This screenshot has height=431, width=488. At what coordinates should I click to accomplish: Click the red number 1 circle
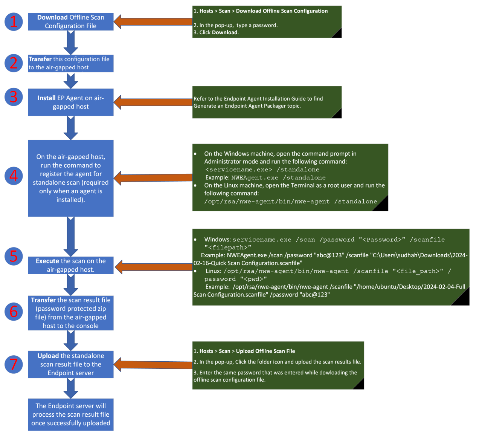point(14,21)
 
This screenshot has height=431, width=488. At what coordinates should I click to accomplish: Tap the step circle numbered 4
point(14,176)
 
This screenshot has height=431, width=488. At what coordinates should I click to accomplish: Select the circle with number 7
point(14,364)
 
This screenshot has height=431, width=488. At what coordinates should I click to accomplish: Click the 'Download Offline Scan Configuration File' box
point(71,22)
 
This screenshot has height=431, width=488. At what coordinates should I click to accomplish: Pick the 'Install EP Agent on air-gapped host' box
point(71,102)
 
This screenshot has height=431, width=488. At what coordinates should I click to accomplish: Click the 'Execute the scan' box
point(71,265)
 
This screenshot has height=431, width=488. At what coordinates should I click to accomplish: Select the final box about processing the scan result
point(71,414)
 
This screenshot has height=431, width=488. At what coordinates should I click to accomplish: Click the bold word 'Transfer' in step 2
point(40,59)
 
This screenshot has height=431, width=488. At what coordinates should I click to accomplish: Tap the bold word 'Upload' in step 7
point(48,356)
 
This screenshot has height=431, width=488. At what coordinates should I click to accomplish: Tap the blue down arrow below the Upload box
point(71,388)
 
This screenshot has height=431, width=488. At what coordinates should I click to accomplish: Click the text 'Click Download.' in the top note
point(219,32)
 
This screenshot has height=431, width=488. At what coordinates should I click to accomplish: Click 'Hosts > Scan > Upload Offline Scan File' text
point(247,351)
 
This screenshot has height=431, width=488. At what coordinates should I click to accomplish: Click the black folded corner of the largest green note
point(462,298)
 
